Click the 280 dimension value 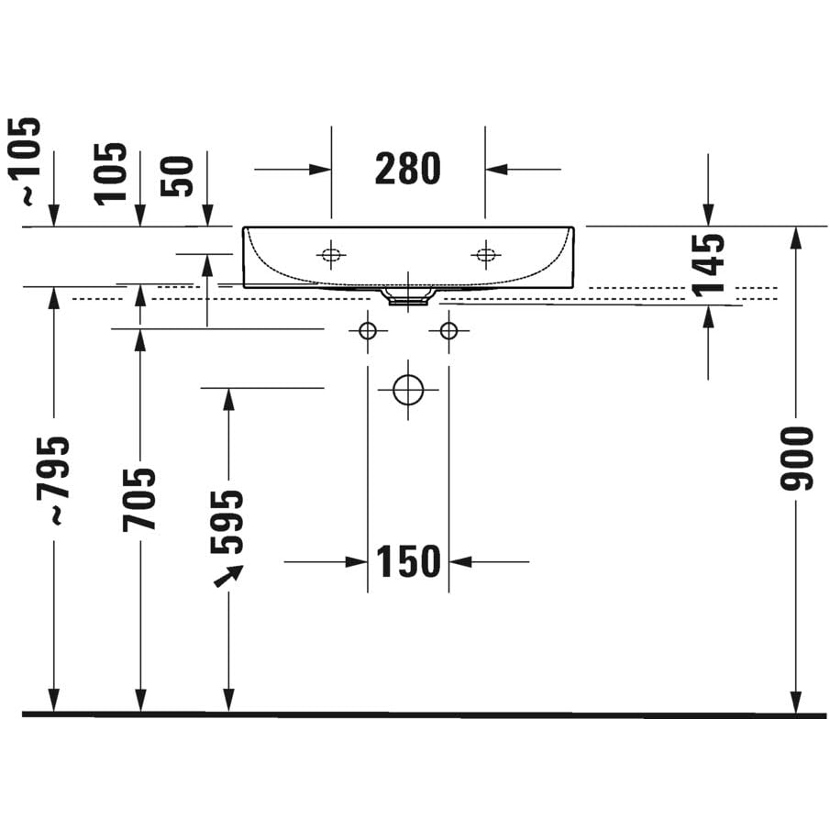click(407, 169)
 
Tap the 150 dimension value click(408, 561)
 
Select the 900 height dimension click(796, 459)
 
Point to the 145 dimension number click(708, 264)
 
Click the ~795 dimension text click(52, 481)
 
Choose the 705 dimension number click(139, 500)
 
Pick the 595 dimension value click(227, 522)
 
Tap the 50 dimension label click(177, 176)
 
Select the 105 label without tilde click(111, 173)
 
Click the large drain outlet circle click(408, 390)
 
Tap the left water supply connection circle click(368, 331)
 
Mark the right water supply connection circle click(448, 331)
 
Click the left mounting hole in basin click(331, 255)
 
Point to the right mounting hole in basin click(485, 255)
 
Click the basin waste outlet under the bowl click(408, 296)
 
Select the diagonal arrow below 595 click(228, 576)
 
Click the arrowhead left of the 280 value click(320, 170)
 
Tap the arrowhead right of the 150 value click(460, 561)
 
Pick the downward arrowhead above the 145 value click(708, 215)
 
